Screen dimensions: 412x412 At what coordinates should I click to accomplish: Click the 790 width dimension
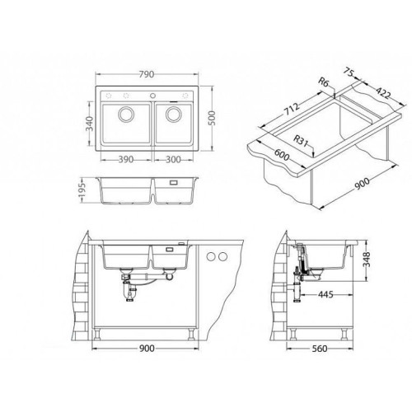pyautogui.click(x=147, y=74)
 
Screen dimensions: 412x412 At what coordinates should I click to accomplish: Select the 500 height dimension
pyautogui.click(x=213, y=119)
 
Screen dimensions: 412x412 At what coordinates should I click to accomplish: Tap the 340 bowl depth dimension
pyautogui.click(x=90, y=124)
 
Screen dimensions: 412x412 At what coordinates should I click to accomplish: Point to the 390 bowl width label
pyautogui.click(x=126, y=160)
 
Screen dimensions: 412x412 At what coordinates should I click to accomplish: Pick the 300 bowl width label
pyautogui.click(x=173, y=160)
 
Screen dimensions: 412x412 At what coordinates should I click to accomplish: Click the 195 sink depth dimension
pyautogui.click(x=82, y=190)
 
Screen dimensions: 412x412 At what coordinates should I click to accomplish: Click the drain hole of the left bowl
pyautogui.click(x=126, y=114)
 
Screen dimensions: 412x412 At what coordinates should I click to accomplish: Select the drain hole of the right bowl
pyautogui.click(x=174, y=114)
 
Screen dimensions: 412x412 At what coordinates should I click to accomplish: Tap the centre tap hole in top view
pyautogui.click(x=152, y=96)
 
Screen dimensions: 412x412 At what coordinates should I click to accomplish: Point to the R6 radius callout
pyautogui.click(x=324, y=82)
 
